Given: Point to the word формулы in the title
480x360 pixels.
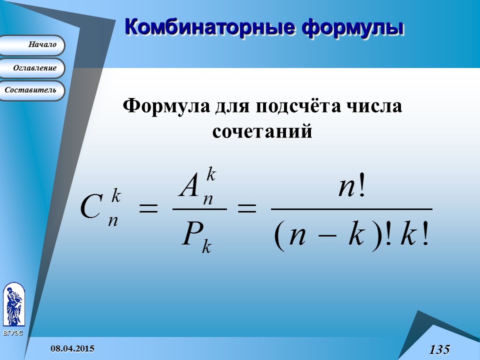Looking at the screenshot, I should coord(352,26).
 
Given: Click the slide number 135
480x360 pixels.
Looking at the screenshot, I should coord(439,349).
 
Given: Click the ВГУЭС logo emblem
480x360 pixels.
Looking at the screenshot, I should coord(13,305).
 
